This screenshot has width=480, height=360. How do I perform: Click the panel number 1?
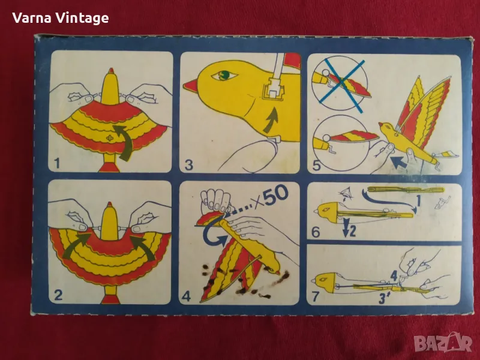[x=57, y=163]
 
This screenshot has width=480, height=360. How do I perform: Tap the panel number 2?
[x=58, y=295]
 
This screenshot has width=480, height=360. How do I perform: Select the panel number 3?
[x=189, y=164]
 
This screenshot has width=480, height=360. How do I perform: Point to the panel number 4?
[x=186, y=296]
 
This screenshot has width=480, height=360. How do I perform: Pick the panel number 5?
[x=317, y=166]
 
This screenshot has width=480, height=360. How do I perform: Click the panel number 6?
[x=316, y=232]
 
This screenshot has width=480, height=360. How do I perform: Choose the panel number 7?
[x=316, y=296]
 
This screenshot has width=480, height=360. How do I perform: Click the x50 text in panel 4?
[x=269, y=197]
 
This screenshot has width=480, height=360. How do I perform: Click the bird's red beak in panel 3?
[x=191, y=86]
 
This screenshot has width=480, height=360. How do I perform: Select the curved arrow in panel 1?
[x=124, y=142]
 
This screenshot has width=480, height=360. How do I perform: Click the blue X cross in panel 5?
[x=344, y=86]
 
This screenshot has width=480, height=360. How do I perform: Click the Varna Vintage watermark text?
[x=61, y=19]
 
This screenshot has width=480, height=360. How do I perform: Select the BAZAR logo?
[x=443, y=342]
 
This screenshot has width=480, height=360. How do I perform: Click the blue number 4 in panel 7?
[x=394, y=277]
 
